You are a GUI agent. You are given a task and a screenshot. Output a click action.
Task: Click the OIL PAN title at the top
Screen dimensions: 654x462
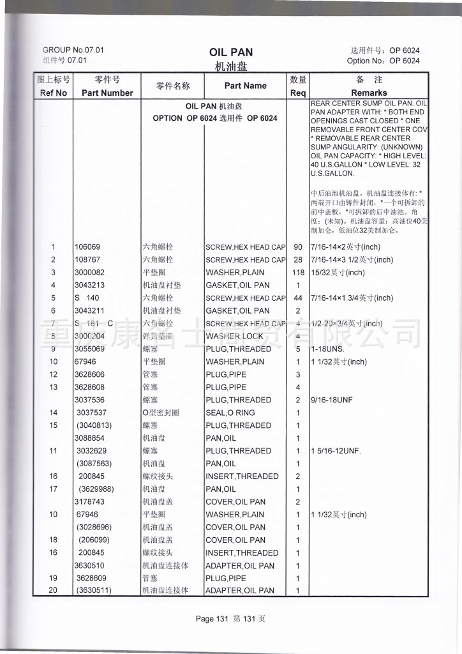[231, 52]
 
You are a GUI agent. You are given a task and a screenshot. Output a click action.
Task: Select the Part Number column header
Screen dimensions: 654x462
[107, 93]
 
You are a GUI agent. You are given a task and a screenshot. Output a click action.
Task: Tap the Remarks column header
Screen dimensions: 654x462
[369, 93]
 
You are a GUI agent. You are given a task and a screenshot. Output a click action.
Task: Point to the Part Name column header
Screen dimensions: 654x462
[246, 86]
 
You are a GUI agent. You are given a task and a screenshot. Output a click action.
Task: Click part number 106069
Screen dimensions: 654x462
[88, 247]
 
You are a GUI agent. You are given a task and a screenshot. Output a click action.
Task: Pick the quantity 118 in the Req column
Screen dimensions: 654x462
[298, 273]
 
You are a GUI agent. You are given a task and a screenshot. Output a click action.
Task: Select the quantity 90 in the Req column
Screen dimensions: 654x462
[298, 247]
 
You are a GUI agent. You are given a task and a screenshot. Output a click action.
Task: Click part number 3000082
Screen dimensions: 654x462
[91, 273]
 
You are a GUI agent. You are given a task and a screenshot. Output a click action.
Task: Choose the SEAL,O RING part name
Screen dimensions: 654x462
[230, 413]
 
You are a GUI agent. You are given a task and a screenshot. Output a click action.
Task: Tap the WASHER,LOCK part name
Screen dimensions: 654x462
[234, 336]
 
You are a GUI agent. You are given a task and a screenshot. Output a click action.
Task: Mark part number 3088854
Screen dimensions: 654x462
[91, 438]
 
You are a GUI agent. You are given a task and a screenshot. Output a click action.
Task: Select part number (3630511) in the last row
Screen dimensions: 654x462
[94, 590]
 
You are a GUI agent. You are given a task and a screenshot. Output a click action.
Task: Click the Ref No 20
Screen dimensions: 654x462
[53, 590]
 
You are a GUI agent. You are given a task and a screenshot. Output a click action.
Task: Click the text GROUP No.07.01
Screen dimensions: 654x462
[73, 50]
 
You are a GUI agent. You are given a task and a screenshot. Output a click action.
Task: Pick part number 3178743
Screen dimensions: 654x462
[91, 502]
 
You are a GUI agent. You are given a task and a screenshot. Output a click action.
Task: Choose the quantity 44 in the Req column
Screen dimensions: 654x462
[298, 298]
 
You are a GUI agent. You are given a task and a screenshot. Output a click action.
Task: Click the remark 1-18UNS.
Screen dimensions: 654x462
[328, 349]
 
